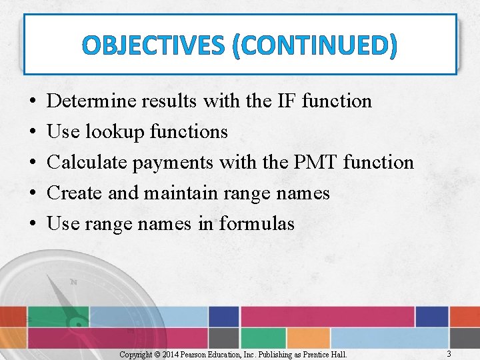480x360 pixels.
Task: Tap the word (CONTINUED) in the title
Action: pos(316,46)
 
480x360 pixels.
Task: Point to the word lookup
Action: pos(114,132)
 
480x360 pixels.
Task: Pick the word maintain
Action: pos(177,193)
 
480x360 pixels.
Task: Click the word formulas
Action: pos(257,224)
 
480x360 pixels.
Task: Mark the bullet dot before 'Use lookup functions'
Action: pos(33,132)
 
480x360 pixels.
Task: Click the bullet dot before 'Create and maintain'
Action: pos(33,193)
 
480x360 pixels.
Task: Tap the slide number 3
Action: pos(449,353)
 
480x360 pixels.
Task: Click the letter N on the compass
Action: pos(73,282)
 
